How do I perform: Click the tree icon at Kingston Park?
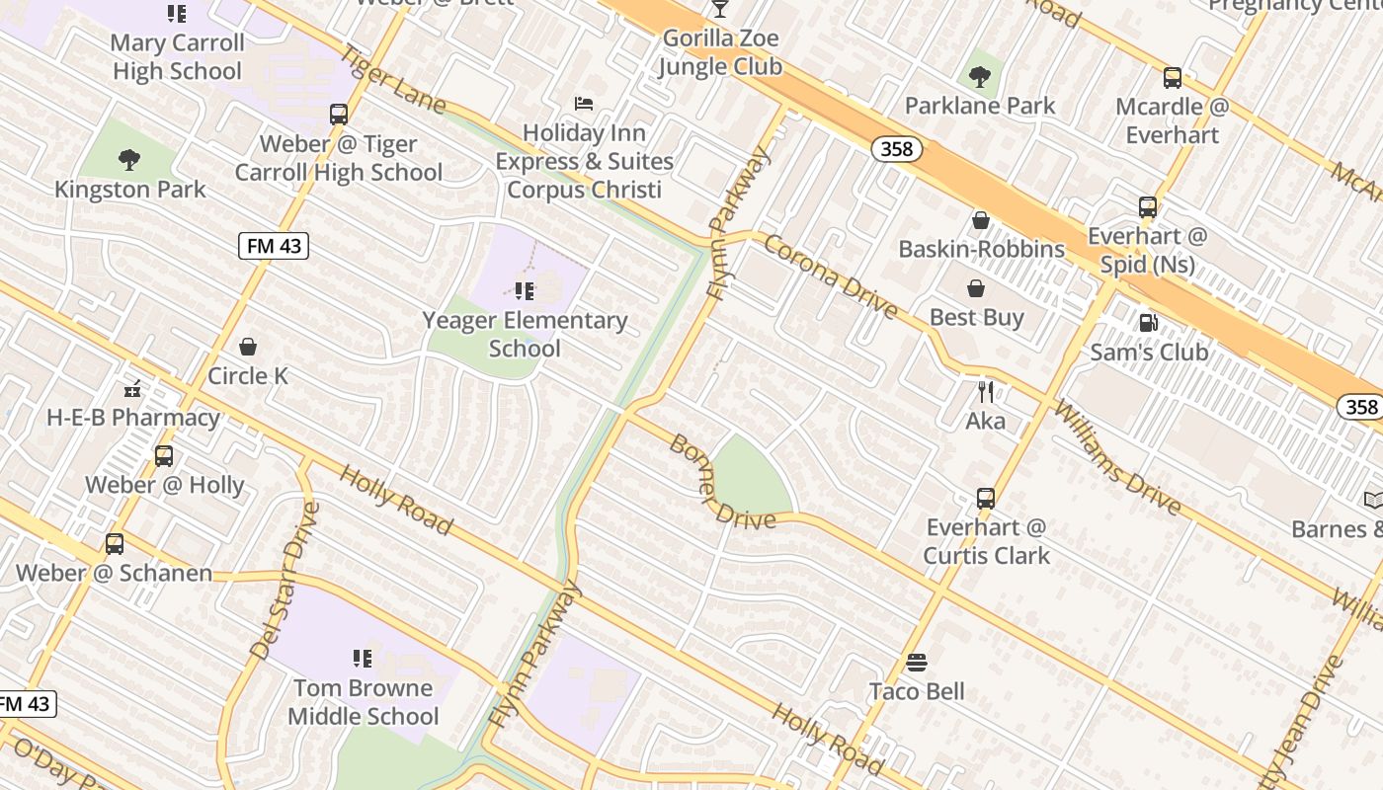click(x=128, y=159)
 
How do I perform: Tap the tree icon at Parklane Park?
click(x=980, y=75)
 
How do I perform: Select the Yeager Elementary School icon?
click(x=525, y=290)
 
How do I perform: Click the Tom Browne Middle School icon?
click(x=363, y=658)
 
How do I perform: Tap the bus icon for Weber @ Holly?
click(x=164, y=456)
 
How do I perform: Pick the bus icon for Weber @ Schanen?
click(x=115, y=544)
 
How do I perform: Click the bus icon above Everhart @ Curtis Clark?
click(x=985, y=499)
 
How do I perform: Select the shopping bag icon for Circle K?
click(x=248, y=347)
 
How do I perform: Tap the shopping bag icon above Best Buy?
click(x=976, y=288)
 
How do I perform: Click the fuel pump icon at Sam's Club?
click(x=1148, y=323)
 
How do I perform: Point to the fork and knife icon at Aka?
click(x=985, y=392)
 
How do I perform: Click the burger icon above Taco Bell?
click(x=917, y=663)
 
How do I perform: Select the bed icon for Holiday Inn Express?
click(x=584, y=104)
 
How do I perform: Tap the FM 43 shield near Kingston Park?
click(x=274, y=246)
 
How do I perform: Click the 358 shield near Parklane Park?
click(x=897, y=149)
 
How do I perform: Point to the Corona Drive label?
click(x=830, y=277)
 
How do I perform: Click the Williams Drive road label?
click(x=1116, y=458)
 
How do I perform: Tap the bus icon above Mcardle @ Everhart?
click(x=1172, y=78)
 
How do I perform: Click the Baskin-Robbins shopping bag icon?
click(x=981, y=219)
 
